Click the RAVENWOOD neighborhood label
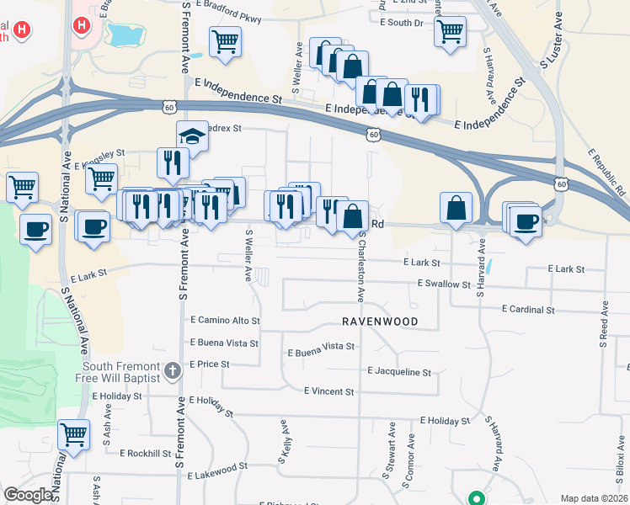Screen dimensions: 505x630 tap(379, 322)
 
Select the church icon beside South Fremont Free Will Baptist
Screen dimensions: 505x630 tap(173, 370)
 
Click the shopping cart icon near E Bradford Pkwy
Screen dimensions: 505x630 tap(225, 42)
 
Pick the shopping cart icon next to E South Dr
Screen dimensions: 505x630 tap(451, 32)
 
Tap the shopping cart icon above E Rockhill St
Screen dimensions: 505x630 tap(73, 435)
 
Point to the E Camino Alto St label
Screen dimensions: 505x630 tap(225, 321)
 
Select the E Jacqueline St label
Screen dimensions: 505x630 tap(399, 371)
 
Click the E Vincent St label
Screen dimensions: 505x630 tap(328, 391)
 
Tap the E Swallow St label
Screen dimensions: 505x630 tap(444, 284)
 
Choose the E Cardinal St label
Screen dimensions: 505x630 tap(528, 310)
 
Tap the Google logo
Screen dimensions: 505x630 tap(28, 495)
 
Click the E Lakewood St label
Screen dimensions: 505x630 tap(217, 465)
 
